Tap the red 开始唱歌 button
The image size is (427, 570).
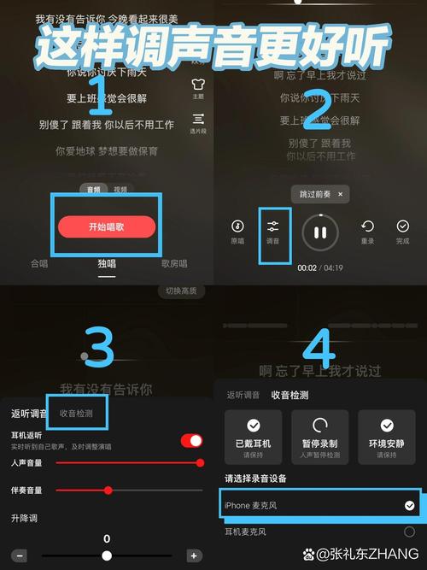(x=107, y=226)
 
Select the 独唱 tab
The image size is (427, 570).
(x=107, y=264)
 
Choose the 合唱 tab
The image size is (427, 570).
(x=39, y=264)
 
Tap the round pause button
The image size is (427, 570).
(x=320, y=232)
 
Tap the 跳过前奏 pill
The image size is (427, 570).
(x=319, y=195)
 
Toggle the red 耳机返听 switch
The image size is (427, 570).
(x=191, y=441)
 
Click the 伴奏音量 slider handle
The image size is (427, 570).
(x=108, y=490)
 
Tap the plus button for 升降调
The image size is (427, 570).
(x=194, y=555)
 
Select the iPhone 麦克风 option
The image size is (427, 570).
(x=320, y=505)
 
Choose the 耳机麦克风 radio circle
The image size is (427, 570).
(x=409, y=532)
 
